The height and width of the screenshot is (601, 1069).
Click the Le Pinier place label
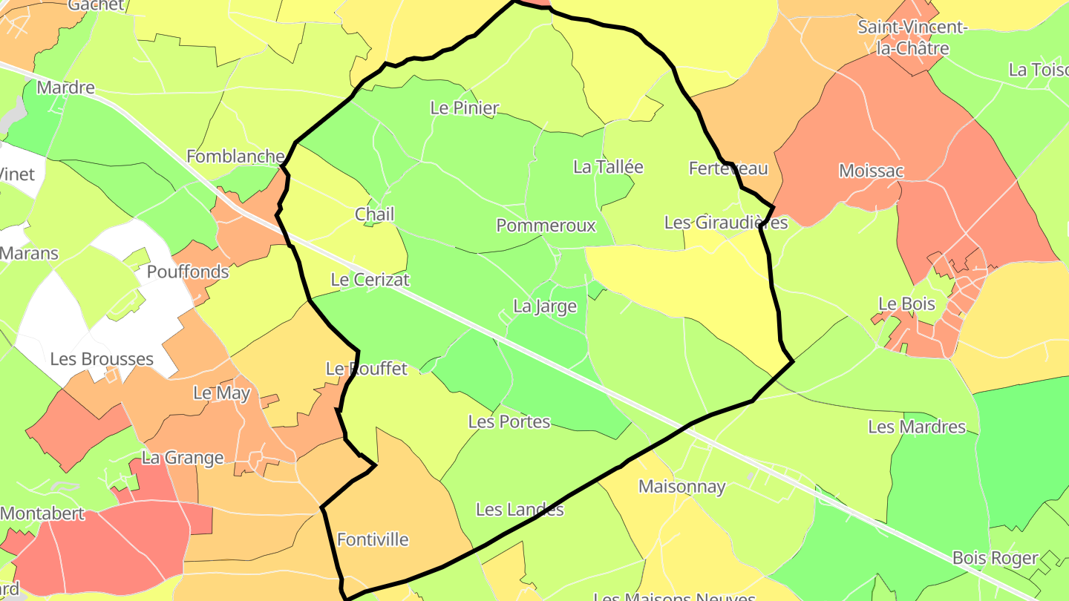[x=465, y=108]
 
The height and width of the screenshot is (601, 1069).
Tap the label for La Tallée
[x=608, y=167]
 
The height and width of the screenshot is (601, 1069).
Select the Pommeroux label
[x=546, y=226]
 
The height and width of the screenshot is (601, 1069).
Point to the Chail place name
[x=374, y=214]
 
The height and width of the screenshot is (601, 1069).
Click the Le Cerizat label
[x=370, y=280]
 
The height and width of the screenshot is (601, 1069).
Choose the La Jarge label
[x=545, y=306]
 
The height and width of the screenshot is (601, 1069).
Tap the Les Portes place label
[x=509, y=421]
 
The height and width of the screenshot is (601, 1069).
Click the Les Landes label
[x=520, y=510]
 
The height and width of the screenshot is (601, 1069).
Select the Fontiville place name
[x=373, y=539]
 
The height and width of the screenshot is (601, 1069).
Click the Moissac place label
[x=871, y=171]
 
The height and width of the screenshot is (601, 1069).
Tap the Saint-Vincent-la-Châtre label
[x=913, y=38]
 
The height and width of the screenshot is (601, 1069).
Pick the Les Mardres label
[x=917, y=427]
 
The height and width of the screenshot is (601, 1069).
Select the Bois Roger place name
[x=995, y=558]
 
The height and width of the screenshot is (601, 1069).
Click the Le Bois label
[x=906, y=304]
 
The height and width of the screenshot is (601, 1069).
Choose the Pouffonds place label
[x=188, y=272]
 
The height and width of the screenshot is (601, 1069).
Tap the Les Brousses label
[x=102, y=359]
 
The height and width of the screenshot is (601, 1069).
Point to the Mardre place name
[x=65, y=88]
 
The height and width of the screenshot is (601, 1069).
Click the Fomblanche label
[x=235, y=157]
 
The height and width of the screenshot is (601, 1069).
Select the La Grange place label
[x=183, y=458]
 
